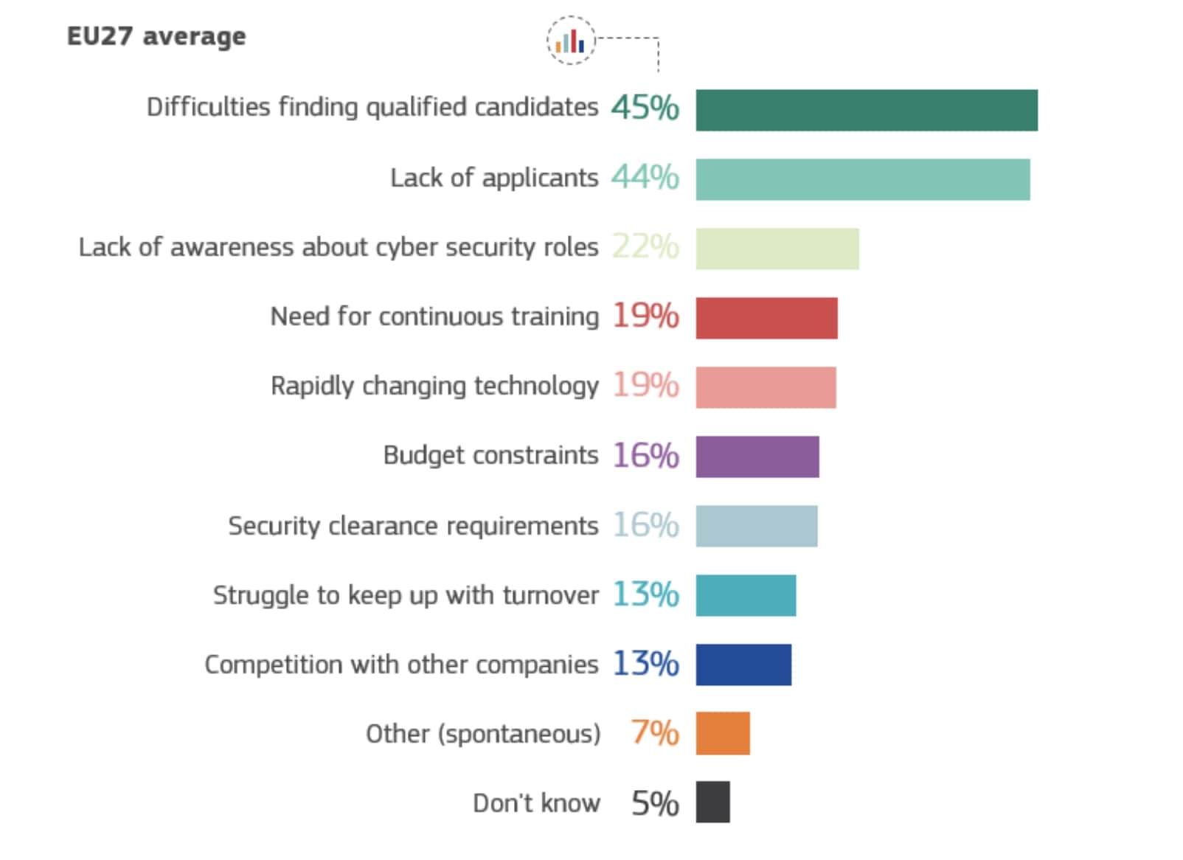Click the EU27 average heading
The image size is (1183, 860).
point(156,36)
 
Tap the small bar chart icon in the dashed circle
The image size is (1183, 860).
point(570,41)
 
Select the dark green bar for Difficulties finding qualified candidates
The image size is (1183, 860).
point(866,111)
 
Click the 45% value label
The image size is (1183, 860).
point(645,108)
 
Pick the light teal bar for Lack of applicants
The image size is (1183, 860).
point(862,180)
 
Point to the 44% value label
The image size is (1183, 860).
point(645,178)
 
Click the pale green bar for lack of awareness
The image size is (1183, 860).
point(777,249)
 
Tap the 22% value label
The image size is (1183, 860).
point(645,247)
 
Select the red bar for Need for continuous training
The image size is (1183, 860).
point(766,319)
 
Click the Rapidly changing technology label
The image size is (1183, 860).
point(434,386)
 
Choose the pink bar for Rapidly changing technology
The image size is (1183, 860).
point(766,388)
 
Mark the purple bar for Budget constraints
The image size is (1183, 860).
point(757,457)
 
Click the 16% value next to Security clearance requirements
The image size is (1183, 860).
point(645,525)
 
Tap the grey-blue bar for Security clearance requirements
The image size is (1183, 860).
point(756,527)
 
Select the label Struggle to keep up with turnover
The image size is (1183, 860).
point(406,595)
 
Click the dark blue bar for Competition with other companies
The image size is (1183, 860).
point(743,665)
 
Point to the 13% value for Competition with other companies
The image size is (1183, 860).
point(645,664)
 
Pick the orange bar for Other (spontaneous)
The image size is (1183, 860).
point(722,734)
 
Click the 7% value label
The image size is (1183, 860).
point(654,733)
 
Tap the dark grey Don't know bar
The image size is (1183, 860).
point(712,802)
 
